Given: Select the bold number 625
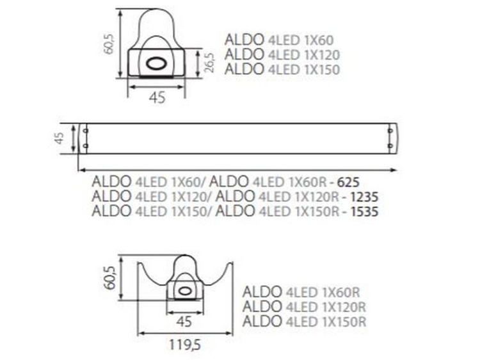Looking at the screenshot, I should pos(353,181).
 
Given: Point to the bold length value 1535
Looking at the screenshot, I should pos(365,211).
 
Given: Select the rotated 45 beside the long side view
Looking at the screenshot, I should pos(60,139).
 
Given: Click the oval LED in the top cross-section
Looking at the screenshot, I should pos(156,63).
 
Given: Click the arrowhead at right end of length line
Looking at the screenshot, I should pos(394,169).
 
